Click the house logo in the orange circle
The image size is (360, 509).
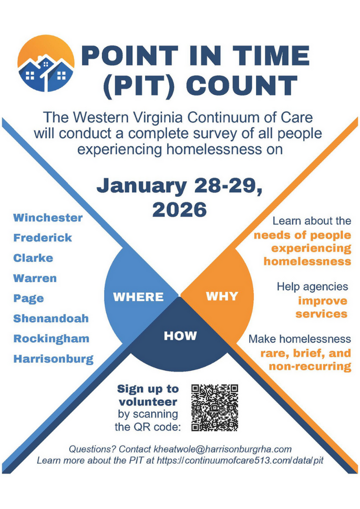pos(46,63)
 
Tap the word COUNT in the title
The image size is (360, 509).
pos(242,86)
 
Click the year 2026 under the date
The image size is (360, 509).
pos(179,210)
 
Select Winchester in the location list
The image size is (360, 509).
pos(48,218)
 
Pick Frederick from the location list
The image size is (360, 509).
pos(43,238)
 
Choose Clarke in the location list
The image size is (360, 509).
pos(33,258)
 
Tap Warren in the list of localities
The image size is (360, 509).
pos(35,278)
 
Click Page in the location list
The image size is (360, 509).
pos(28,299)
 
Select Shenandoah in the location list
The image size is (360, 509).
pos(51,319)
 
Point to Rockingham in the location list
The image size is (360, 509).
pos(52,339)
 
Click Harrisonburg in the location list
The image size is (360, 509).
pos(54,359)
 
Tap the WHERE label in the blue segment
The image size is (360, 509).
pos(139,297)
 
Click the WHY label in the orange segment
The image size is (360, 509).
pos(222,296)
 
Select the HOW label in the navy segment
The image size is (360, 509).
pos(180,335)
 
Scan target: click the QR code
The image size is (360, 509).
pos(215,408)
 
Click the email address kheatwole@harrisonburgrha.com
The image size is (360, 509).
pos(222,449)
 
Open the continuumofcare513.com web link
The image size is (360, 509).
pos(240,460)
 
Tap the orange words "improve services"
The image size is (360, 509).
pos(322,308)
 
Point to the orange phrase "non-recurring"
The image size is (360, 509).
pos(310,367)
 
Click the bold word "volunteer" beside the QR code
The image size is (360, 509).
pos(148,402)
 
